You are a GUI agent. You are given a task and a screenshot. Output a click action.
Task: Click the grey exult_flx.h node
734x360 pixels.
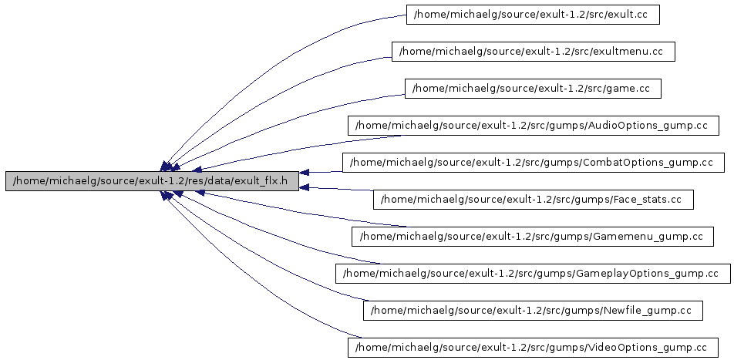coord(151,181)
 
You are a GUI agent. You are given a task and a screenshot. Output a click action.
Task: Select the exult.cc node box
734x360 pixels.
coord(533,15)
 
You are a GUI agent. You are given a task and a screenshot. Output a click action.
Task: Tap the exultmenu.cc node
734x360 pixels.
coord(534,52)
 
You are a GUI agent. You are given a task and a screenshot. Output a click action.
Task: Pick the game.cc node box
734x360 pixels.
coord(533,89)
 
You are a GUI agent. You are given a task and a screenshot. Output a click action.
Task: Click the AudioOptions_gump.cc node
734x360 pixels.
coord(533,126)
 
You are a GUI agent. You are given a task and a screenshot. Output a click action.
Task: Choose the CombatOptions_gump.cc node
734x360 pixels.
coord(533,163)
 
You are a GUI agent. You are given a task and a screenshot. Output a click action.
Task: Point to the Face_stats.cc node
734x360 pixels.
coord(533,200)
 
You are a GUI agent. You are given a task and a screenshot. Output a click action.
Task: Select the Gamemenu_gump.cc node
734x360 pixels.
coord(533,237)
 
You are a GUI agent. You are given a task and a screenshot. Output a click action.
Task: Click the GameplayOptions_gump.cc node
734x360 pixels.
coord(533,274)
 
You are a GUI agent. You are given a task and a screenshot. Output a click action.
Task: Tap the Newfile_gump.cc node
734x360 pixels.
coord(533,311)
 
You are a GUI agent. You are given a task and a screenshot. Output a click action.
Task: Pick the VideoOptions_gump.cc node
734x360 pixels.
coord(533,348)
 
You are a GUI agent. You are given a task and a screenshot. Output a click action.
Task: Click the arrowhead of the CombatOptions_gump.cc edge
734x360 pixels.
coord(305,173)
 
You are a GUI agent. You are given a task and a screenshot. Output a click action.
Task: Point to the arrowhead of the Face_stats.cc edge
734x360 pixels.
coord(305,187)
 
